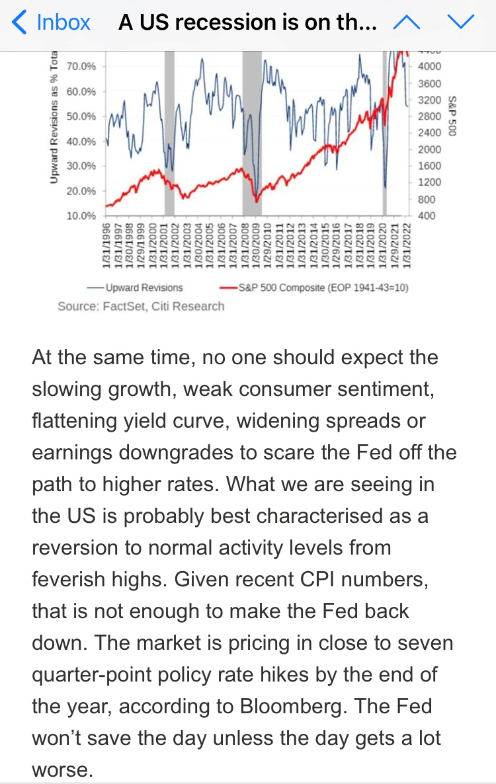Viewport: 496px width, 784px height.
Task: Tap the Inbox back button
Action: coord(52,22)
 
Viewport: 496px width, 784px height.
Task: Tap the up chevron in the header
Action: coord(407,22)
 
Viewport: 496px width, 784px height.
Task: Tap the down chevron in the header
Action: coord(461,22)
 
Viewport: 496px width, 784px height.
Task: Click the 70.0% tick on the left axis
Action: coord(81,67)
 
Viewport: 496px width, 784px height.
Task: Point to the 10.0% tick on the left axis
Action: coord(81,216)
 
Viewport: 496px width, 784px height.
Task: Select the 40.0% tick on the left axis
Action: coord(81,141)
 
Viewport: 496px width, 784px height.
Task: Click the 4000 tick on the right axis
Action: coord(429,67)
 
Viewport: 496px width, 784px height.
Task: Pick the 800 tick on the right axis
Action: coord(427,200)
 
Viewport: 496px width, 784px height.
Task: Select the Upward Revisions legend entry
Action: coord(136,288)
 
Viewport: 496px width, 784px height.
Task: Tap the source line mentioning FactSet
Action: coord(141,306)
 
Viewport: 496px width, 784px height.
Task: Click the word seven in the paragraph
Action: coord(419,643)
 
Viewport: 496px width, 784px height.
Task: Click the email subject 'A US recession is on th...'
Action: coord(248,22)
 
